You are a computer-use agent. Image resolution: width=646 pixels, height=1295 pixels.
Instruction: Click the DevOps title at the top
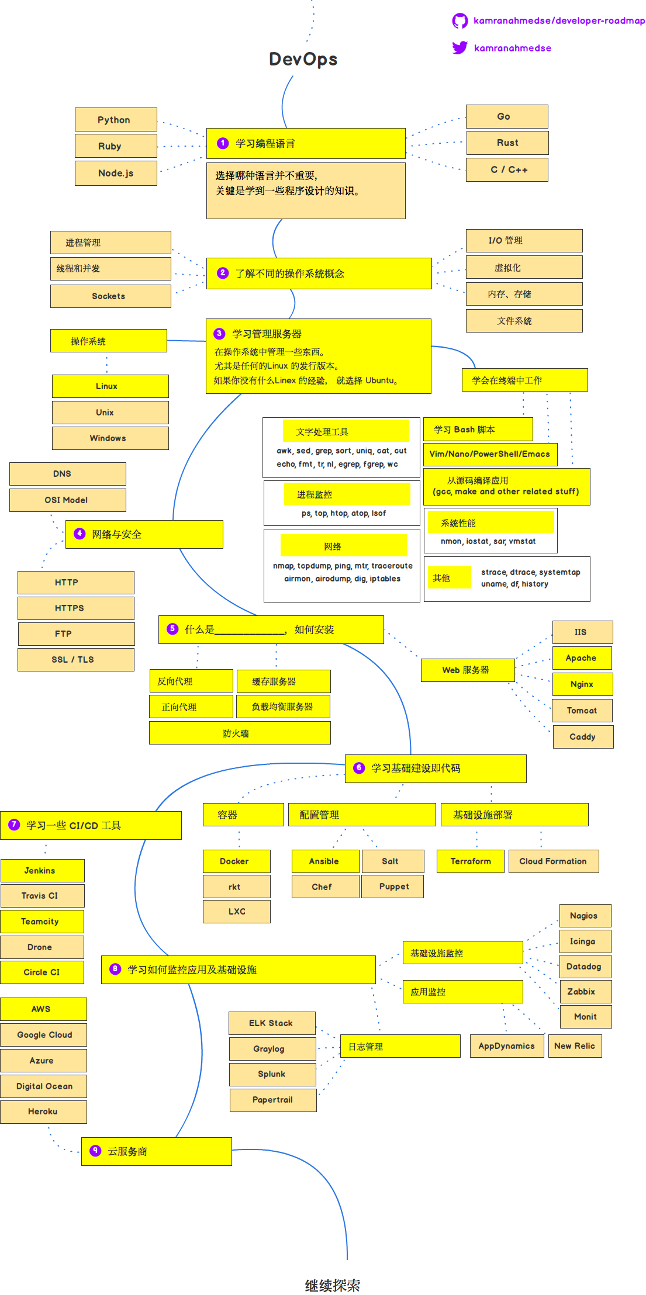[303, 59]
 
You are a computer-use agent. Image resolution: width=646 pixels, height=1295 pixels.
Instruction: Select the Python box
[116, 120]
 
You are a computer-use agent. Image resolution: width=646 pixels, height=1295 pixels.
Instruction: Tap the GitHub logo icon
[460, 21]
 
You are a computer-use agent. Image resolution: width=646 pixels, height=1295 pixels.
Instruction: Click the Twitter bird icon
[460, 48]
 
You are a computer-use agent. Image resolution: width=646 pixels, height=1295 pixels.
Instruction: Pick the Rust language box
[507, 143]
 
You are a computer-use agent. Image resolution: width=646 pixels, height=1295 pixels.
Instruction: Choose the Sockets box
[110, 296]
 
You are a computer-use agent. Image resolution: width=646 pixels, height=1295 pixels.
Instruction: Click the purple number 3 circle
[219, 334]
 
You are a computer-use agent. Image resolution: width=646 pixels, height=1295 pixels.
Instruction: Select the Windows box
[110, 438]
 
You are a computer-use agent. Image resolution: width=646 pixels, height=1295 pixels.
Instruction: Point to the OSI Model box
[67, 500]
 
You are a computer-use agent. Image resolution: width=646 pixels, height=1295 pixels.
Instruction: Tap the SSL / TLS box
[75, 660]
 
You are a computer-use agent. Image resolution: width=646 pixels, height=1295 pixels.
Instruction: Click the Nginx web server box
[582, 684]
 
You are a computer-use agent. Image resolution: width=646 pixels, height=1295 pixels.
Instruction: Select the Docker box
[236, 861]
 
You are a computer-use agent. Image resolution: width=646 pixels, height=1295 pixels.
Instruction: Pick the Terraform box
[470, 861]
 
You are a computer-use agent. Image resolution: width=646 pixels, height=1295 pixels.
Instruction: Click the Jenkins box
[42, 871]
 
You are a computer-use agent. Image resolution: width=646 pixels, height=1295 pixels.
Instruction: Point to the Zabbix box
[585, 992]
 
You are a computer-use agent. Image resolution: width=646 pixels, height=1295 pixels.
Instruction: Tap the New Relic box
[575, 1046]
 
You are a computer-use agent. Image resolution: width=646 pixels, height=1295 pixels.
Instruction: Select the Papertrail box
[273, 1100]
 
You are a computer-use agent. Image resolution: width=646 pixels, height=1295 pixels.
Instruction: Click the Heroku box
[43, 1112]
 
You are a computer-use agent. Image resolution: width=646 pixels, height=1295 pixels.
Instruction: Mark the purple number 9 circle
[95, 1151]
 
